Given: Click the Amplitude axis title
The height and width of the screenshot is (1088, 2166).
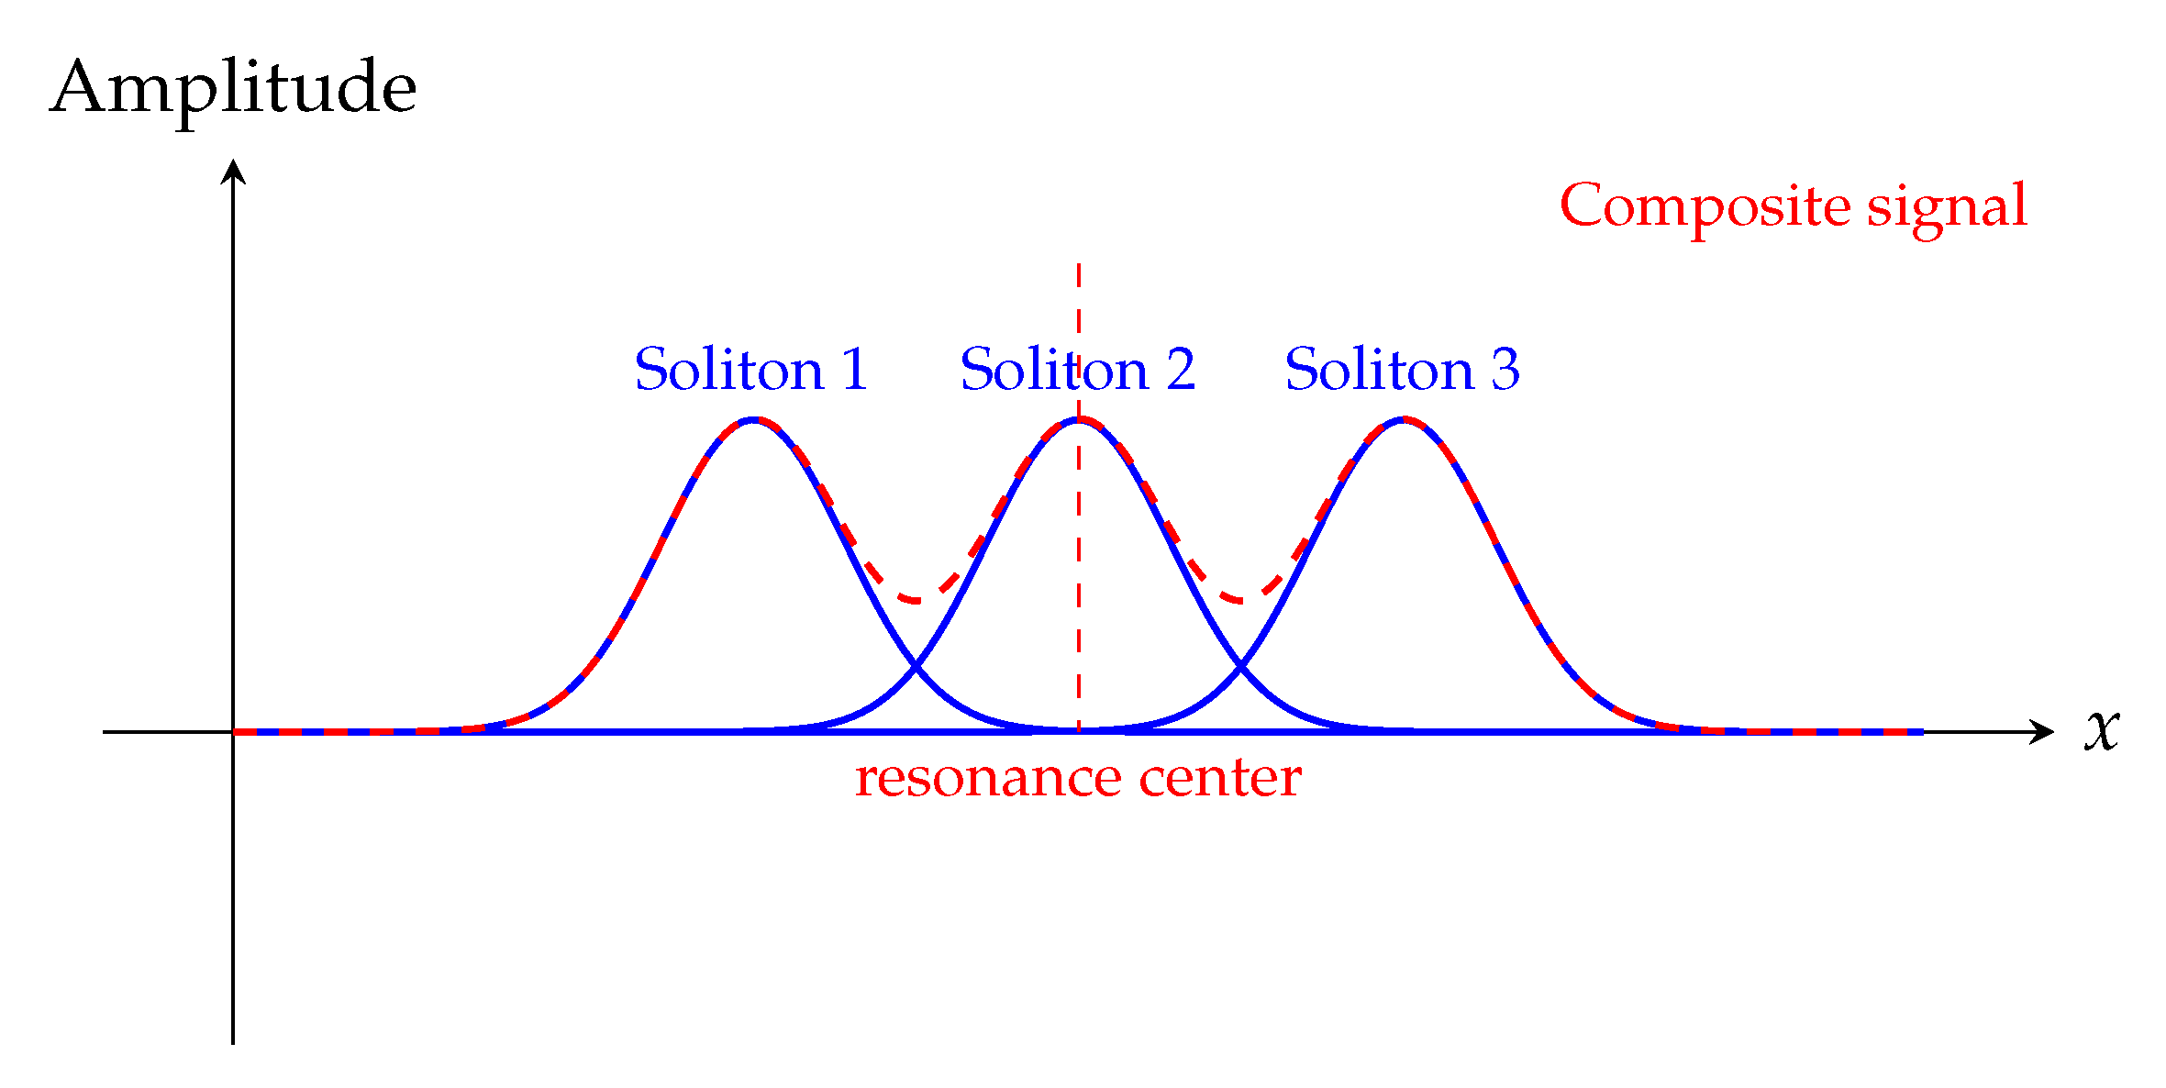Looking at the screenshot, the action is click(233, 89).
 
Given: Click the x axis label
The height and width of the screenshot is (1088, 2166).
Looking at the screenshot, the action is click(2101, 730).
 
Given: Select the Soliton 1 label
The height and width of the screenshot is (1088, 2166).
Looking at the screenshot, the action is click(750, 370).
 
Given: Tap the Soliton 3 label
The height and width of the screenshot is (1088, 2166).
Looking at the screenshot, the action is click(1402, 370).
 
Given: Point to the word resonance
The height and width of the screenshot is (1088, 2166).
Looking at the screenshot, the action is click(988, 779).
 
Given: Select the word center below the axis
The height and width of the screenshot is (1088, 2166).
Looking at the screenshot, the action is click(1220, 779).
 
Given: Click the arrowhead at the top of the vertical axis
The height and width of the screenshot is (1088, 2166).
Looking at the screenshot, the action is click(233, 170).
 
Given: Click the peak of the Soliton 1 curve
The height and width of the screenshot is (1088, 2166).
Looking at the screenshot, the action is click(753, 419).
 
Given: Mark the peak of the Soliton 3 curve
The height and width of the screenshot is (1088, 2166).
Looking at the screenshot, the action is click(1404, 419).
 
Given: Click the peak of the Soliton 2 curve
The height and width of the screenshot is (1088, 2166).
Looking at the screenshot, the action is click(1079, 419).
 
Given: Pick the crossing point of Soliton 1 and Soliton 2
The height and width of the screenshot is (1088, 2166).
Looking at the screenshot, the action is click(916, 667).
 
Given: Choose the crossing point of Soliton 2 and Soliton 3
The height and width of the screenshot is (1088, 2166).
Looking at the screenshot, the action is click(1241, 667).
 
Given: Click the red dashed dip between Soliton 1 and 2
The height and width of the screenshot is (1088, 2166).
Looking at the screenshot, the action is click(916, 601).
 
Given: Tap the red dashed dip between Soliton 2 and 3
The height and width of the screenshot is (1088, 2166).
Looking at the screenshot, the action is click(1241, 601).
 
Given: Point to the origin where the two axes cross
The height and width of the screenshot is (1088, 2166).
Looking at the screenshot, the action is click(233, 732).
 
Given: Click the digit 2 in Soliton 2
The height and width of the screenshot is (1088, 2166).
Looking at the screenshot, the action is click(1181, 370).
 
